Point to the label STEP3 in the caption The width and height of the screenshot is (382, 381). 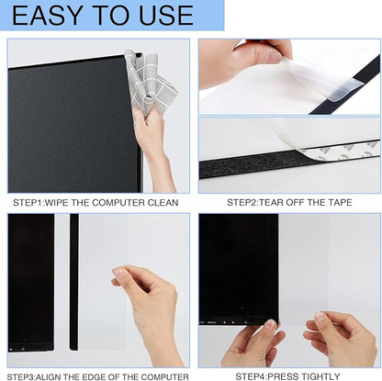click(28, 375)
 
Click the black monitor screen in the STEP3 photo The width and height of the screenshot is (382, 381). click(30, 285)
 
